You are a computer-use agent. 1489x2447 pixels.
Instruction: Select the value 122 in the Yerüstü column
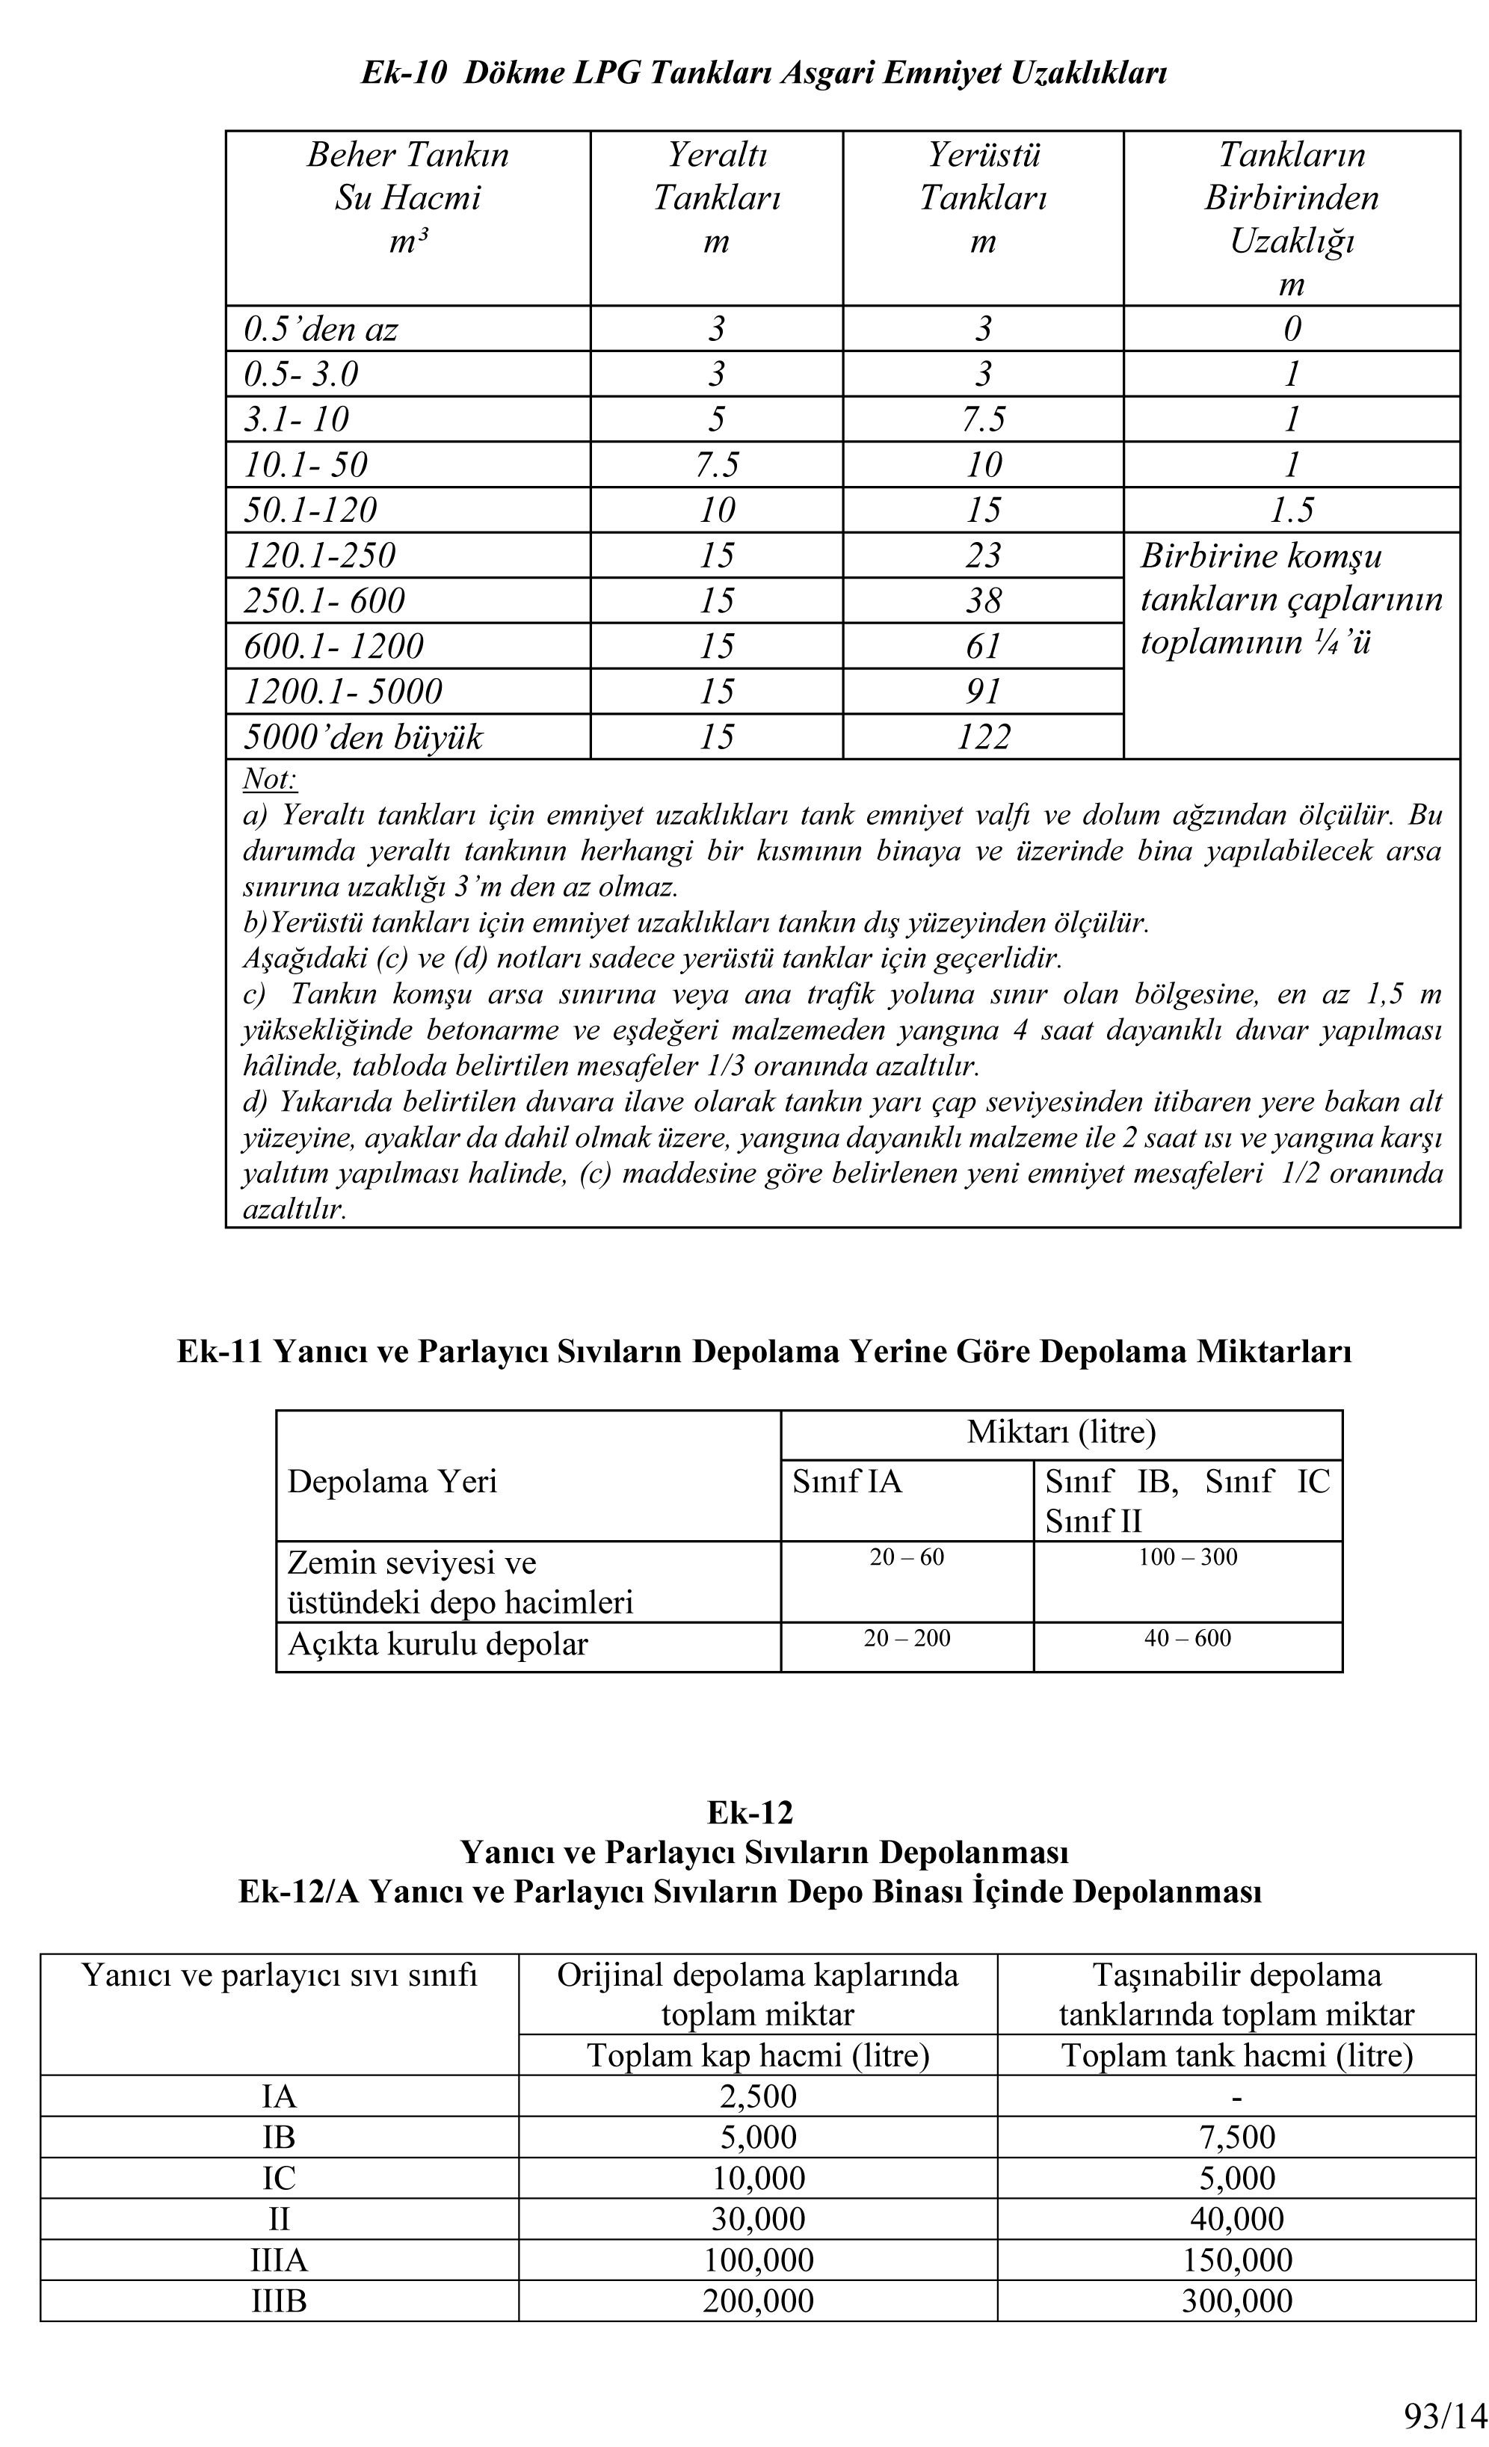tap(983, 737)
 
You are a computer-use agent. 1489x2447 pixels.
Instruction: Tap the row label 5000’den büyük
tap(363, 737)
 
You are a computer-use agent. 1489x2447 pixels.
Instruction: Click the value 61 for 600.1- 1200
tap(983, 647)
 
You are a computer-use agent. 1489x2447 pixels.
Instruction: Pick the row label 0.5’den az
tap(321, 329)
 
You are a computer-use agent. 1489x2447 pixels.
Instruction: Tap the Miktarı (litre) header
tap(1061, 1432)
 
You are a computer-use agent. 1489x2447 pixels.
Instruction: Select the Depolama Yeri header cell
tap(392, 1482)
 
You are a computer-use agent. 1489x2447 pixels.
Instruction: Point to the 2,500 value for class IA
tap(757, 2096)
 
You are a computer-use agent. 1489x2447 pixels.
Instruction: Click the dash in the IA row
tap(1236, 2096)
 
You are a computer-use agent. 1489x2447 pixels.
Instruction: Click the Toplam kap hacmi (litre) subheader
tap(757, 2054)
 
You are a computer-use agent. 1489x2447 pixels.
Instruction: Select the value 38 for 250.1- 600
tap(983, 601)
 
